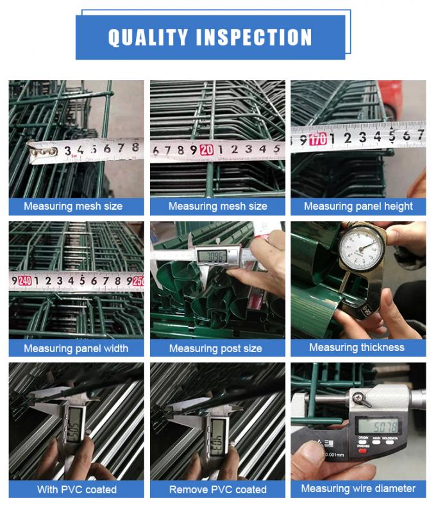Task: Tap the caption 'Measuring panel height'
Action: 358,207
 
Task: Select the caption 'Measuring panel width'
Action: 76,348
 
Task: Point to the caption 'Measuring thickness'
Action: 356,347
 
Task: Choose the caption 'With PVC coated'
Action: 77,489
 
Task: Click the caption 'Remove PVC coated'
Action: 218,489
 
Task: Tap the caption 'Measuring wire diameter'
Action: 358,489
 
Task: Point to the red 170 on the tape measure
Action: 317,139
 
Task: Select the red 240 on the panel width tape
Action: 25,280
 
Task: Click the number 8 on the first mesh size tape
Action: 135,148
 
